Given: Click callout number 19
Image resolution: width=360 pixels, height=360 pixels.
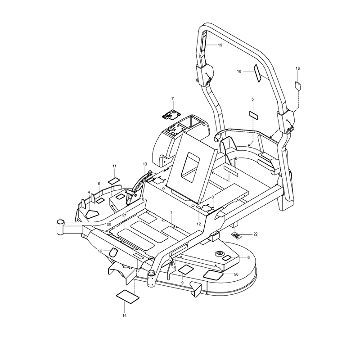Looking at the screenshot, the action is tap(220, 45).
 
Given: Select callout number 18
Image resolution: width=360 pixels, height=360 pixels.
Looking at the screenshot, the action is tap(239, 72).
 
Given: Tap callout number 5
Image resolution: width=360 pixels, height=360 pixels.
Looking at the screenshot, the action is tap(252, 99).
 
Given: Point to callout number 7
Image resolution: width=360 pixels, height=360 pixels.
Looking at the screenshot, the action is tap(173, 99).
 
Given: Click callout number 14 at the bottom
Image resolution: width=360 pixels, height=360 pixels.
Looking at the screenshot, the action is tap(124, 315).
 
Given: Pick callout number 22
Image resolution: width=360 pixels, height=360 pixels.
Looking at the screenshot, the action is tap(256, 234).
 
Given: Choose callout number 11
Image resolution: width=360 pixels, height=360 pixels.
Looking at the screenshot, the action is tap(114, 166).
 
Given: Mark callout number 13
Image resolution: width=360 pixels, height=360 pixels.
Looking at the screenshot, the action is tap(144, 164).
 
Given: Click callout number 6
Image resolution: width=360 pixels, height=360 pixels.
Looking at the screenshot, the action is tap(248, 257).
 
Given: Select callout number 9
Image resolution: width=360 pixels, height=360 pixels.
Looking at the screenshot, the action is tap(182, 283).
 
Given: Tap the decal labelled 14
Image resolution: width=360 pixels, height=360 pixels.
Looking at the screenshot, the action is tap(128, 297).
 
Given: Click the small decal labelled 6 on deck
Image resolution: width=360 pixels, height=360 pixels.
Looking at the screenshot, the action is tap(227, 258).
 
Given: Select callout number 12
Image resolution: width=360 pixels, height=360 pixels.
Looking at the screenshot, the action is tap(198, 224).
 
